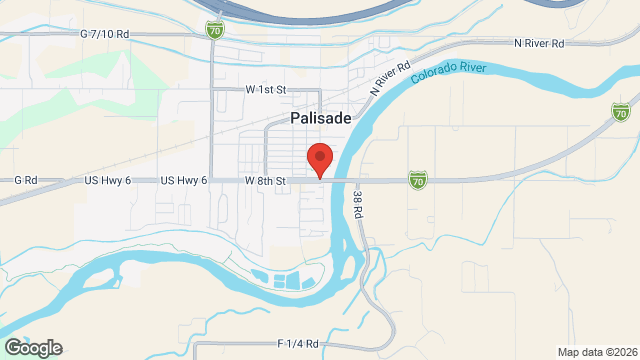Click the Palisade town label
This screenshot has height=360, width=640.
coord(321,117)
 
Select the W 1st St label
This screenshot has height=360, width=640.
coord(266,89)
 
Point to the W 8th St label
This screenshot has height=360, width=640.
coord(266,180)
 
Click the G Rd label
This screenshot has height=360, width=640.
coord(25,180)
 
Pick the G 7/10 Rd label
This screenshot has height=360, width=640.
coord(104,34)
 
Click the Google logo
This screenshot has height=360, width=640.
coord(32,347)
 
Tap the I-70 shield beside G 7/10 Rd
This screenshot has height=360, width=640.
coord(215,31)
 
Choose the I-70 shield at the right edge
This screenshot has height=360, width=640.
coord(621,110)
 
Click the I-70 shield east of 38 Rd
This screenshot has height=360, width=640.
coord(417,179)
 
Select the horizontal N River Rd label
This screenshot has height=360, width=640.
coord(539,44)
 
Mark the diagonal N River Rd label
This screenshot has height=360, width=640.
coord(390,78)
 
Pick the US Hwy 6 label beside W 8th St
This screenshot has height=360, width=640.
coord(183,180)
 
